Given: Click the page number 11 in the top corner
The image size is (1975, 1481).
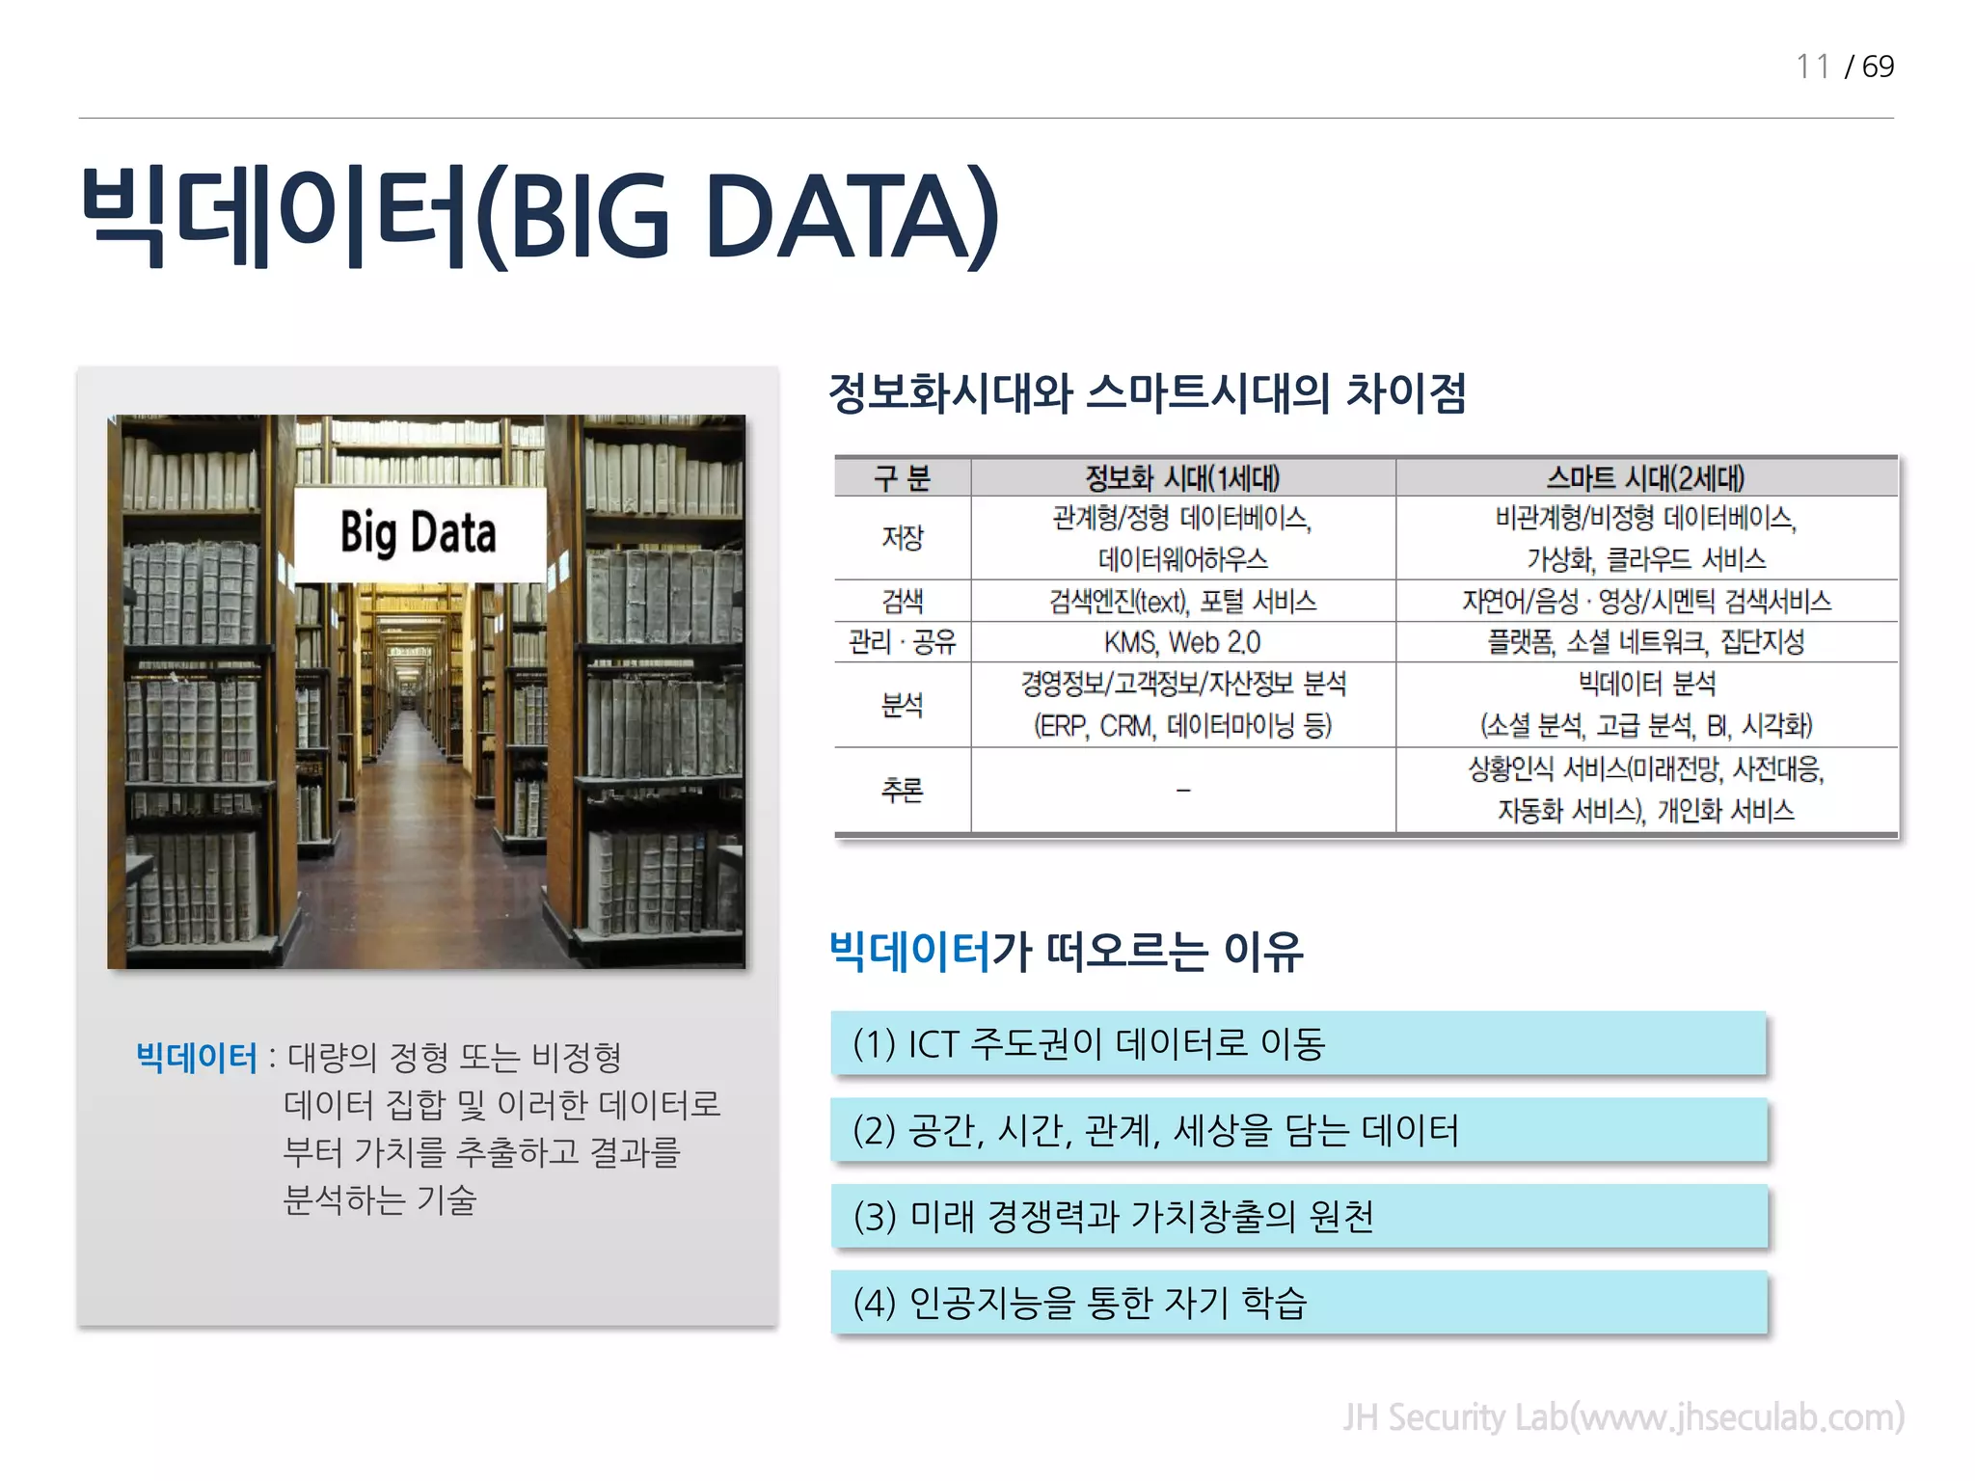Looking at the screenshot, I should (1812, 67).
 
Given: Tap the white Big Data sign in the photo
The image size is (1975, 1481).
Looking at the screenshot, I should (419, 533).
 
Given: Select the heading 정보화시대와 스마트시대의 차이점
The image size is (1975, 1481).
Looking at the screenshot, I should (1148, 393).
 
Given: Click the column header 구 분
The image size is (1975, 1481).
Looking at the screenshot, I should (902, 478).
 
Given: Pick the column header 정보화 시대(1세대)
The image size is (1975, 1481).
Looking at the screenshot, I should (1182, 478).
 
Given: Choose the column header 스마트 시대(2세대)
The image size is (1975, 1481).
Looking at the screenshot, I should (1645, 478).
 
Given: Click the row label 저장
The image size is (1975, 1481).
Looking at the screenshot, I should (902, 538).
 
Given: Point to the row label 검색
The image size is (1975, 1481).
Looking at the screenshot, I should (902, 602).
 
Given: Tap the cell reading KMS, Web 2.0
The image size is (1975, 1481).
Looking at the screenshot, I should (1182, 642).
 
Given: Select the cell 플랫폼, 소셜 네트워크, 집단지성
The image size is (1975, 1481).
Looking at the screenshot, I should (1645, 642).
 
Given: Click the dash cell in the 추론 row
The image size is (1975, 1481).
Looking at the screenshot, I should (1182, 791).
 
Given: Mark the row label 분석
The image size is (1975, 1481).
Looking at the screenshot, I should (902, 705).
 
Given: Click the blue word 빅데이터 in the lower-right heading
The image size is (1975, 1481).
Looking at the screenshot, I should (909, 952).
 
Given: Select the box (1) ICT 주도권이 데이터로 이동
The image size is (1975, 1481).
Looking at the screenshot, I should (1297, 1043).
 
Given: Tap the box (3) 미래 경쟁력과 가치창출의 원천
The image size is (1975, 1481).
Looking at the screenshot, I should (1297, 1217).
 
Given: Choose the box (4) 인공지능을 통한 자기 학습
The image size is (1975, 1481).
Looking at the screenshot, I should (1297, 1303).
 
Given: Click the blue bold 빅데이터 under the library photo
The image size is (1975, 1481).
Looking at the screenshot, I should (197, 1059).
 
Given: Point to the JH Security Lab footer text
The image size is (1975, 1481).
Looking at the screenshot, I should (1623, 1417).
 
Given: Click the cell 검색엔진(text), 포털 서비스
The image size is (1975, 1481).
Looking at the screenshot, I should (1182, 602).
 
